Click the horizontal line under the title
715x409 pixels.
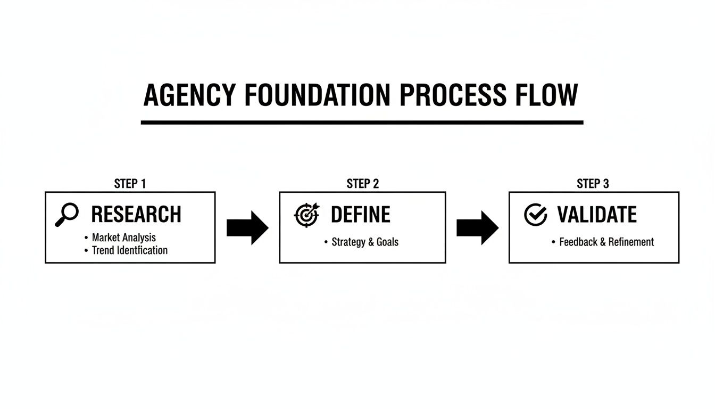pos(362,122)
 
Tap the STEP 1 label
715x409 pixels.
pos(130,184)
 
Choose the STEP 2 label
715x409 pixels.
pos(362,184)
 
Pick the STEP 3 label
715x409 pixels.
pos(593,184)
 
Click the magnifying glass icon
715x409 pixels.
pos(67,215)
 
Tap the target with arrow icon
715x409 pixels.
pos(306,214)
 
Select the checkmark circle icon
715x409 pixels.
pos(535,215)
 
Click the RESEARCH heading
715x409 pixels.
pos(136,215)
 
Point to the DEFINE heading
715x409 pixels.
pos(361,215)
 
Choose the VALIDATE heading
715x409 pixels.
pos(597,215)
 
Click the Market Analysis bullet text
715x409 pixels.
pos(124,238)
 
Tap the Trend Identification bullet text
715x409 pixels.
pos(130,250)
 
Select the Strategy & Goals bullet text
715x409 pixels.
pos(365,242)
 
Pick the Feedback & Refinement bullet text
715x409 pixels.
pos(606,242)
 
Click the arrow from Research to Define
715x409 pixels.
pos(247,228)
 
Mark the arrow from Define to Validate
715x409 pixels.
pos(477,228)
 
